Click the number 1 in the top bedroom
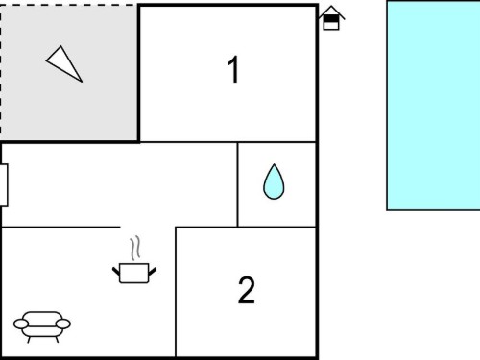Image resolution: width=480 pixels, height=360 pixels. click(x=233, y=69)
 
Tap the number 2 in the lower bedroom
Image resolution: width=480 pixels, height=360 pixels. click(x=247, y=290)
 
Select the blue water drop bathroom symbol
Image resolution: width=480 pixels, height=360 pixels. click(x=274, y=181)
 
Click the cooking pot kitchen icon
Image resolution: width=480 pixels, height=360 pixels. click(x=134, y=273)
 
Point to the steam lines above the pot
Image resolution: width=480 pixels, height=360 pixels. click(x=135, y=248)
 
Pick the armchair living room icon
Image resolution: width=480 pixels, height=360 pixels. click(x=42, y=326)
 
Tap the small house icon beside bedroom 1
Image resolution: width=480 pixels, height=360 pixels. click(x=331, y=18)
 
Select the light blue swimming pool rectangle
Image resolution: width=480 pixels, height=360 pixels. click(x=433, y=106)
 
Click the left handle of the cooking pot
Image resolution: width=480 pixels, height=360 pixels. click(x=116, y=272)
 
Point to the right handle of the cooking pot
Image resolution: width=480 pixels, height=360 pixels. click(x=153, y=272)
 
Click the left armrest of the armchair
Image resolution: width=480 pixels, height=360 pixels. click(x=21, y=324)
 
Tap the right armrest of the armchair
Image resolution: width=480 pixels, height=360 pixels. click(x=63, y=324)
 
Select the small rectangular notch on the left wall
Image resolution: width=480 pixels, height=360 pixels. click(x=4, y=185)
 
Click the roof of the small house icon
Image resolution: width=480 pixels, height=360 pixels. click(x=331, y=12)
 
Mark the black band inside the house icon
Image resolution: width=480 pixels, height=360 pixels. click(x=331, y=19)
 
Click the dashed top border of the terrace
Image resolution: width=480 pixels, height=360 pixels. click(x=68, y=5)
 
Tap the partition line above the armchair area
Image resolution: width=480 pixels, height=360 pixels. click(x=60, y=227)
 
